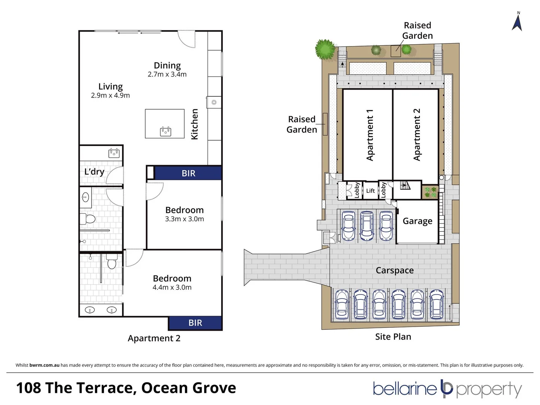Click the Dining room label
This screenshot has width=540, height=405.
tap(167, 66)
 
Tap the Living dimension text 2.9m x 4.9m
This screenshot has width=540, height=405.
tap(110, 95)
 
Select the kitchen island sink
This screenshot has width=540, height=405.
tap(165, 131)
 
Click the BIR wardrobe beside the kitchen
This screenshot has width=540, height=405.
tap(188, 173)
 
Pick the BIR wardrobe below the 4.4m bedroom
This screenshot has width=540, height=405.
tap(195, 322)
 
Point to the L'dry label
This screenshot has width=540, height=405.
tap(94, 172)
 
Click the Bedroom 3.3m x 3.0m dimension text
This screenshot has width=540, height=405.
tap(184, 219)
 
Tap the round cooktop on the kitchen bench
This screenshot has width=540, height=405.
tap(214, 102)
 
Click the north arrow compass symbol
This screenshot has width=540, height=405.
tap(517, 22)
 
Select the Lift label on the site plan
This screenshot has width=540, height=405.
tap(370, 191)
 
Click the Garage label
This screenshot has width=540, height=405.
tap(417, 221)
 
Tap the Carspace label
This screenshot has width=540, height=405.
tap(394, 270)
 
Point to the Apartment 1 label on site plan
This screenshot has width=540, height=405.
tap(370, 135)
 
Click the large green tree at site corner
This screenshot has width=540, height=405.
tap(325, 49)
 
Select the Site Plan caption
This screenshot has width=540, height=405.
tap(393, 337)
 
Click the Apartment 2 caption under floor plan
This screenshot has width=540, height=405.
tap(154, 338)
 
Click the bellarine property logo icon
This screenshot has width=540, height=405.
tap(447, 388)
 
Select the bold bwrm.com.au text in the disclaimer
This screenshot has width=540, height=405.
tap(44, 365)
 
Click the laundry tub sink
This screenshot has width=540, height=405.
tap(114, 153)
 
